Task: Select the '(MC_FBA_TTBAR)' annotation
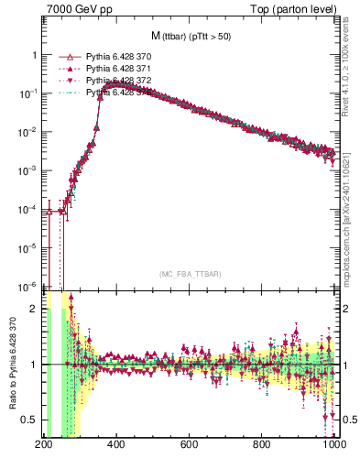(x=190, y=273)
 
